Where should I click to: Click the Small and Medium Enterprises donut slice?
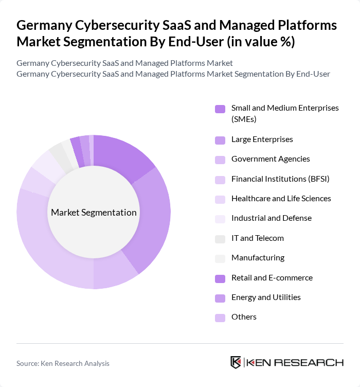[x=120, y=157]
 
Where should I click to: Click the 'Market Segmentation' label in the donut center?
[x=94, y=213]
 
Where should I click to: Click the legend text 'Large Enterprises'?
[x=262, y=139]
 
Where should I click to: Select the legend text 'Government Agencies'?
[x=271, y=159]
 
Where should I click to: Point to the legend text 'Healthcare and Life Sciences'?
[x=281, y=199]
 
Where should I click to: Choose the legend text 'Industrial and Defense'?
[x=271, y=218]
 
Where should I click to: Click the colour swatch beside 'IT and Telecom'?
[x=220, y=239]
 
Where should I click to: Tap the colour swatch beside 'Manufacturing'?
[x=220, y=258]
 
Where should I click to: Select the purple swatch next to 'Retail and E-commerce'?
[x=220, y=278]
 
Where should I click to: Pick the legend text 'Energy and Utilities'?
[x=266, y=297]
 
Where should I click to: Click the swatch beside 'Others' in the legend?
[x=220, y=318]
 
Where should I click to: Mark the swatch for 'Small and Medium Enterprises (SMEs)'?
[x=220, y=109]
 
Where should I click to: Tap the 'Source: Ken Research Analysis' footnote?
[x=63, y=363]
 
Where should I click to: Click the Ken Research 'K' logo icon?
[x=236, y=362]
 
